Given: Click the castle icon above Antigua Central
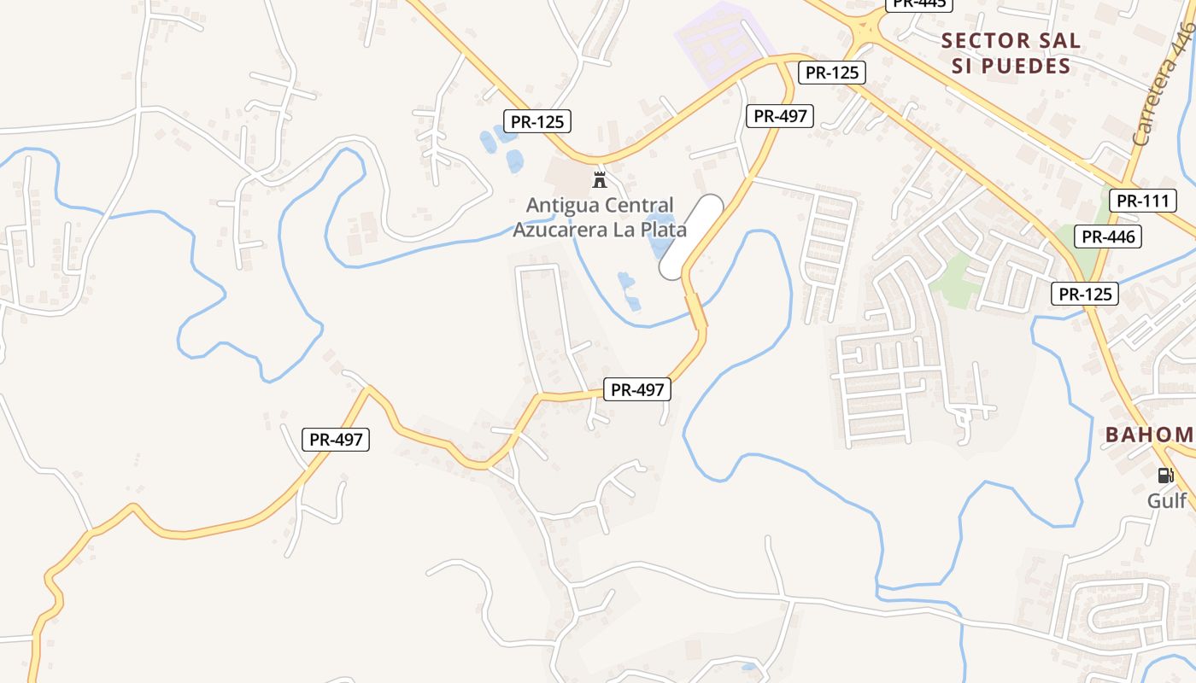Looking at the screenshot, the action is coord(600,180).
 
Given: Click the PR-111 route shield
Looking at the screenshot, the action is coord(1142,201).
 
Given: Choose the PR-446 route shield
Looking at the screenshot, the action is coord(1108,236).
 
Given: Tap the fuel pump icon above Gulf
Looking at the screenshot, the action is coord(1166,476).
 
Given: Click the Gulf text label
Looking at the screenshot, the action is coord(1166,500).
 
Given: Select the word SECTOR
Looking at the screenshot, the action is coord(987,40).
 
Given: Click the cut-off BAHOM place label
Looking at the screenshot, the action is coord(1150,435).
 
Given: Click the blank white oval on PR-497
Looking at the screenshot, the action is coord(691,236).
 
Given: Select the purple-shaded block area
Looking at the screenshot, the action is coord(720,40).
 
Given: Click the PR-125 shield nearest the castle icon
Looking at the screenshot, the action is coord(536,122).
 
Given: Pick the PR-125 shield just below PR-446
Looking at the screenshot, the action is coord(1084,295).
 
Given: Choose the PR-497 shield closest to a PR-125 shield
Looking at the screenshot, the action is coord(779,116).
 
